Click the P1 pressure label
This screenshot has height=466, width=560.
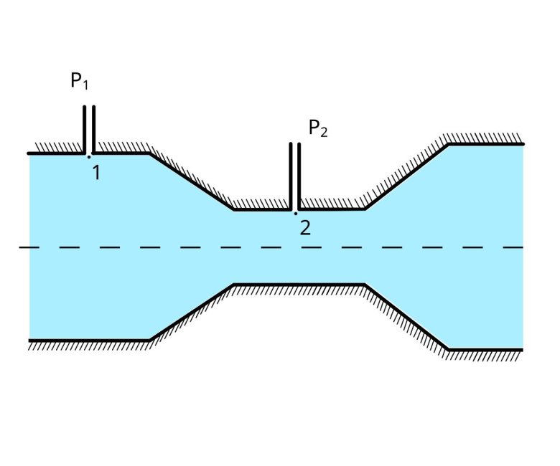pos(80,81)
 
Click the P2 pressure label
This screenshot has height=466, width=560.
pos(318,129)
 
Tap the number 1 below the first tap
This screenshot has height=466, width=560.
pos(95,172)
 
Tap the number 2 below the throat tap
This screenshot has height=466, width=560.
pos(305,228)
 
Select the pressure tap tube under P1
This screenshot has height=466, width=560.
pos(89,129)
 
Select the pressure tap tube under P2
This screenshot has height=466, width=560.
pos(295,176)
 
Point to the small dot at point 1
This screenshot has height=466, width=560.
pos(89,156)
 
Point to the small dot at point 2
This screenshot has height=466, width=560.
pos(295,213)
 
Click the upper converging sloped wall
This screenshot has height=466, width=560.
pos(192,181)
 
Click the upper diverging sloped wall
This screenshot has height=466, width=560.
pos(406,177)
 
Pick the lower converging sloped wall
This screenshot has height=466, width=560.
pos(192,312)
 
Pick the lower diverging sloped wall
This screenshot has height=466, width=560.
pos(406,317)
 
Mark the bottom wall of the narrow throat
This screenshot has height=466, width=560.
pos(299,285)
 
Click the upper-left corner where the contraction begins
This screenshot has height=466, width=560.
pos(149,153)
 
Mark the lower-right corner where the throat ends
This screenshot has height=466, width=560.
pos(365,285)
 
